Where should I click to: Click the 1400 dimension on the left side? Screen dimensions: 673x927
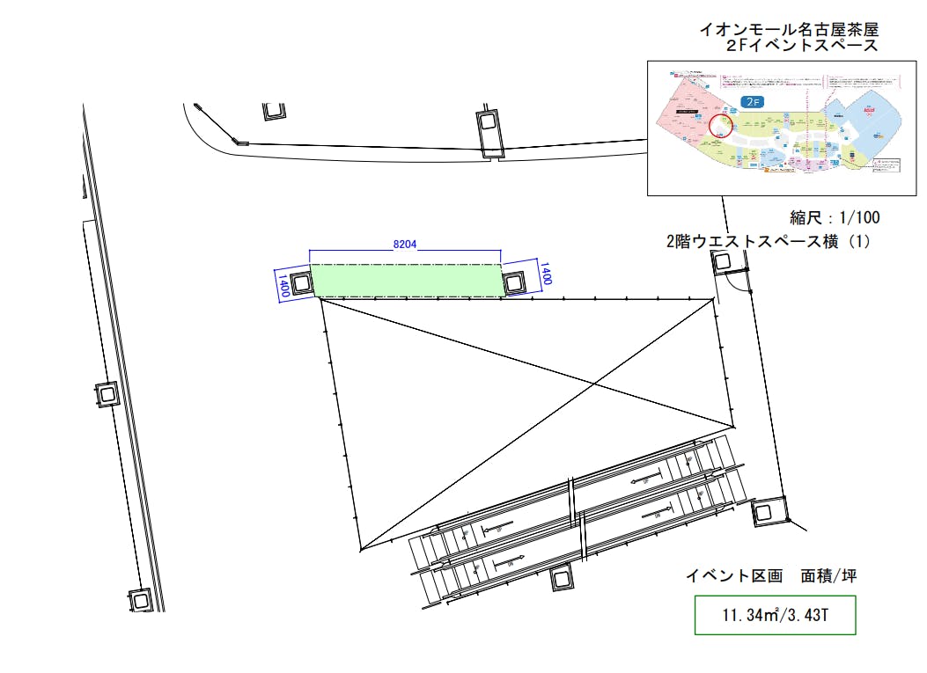(x=283, y=286)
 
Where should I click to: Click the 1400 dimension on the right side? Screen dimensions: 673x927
(x=545, y=273)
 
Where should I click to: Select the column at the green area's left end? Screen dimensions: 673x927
(x=300, y=283)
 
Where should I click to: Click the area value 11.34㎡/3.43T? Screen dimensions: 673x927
(x=775, y=615)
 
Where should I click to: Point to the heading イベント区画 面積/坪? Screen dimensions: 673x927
(x=771, y=577)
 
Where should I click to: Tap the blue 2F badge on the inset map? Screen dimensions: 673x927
(x=751, y=102)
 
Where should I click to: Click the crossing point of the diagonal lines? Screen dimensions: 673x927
(x=596, y=384)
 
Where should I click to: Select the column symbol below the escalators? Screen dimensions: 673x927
(x=561, y=578)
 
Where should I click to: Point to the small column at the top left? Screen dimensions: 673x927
(x=274, y=111)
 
